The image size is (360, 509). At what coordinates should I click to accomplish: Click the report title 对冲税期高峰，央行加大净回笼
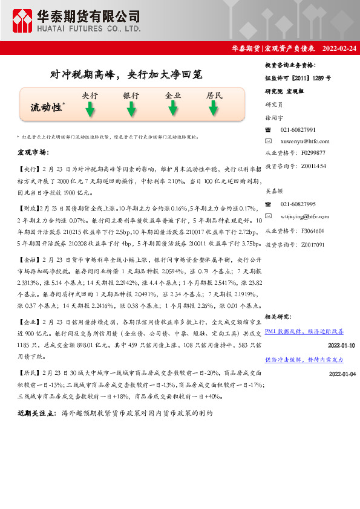[x=125, y=75]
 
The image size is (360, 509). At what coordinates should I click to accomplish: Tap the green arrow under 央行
[x=90, y=109]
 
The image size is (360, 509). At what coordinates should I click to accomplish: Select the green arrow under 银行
[x=131, y=109]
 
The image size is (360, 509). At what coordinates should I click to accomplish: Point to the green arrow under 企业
[x=173, y=108]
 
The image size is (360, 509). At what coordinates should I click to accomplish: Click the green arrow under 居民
[x=214, y=108]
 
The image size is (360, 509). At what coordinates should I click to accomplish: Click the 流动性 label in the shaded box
[x=47, y=107]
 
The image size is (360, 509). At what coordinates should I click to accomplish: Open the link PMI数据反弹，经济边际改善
[x=304, y=332]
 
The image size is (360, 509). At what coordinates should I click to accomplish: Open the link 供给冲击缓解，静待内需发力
[x=304, y=360]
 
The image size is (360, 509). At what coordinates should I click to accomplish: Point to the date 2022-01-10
[x=341, y=345]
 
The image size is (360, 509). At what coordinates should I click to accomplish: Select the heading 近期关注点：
[x=38, y=413]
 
